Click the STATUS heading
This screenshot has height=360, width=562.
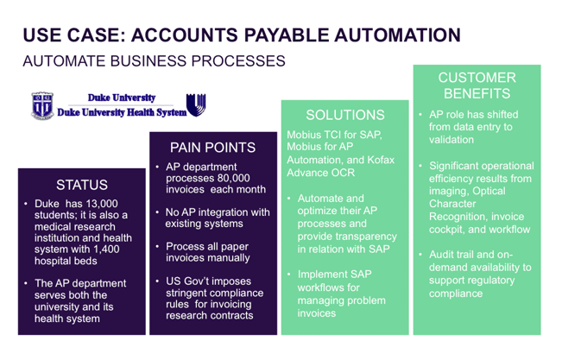click(x=82, y=185)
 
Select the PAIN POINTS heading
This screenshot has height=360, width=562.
click(x=213, y=148)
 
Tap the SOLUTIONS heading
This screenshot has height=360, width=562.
click(x=345, y=115)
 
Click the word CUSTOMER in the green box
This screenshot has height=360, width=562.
click(x=477, y=78)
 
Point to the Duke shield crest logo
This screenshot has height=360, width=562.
click(x=42, y=105)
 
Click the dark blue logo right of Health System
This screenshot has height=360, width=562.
click(x=196, y=104)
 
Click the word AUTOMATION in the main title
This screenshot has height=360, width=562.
click(x=397, y=35)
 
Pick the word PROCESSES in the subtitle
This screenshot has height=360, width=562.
click(x=238, y=61)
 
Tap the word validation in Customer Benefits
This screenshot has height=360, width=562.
click(x=451, y=140)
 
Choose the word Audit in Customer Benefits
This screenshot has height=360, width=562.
click(x=442, y=255)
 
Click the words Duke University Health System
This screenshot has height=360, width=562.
click(x=122, y=112)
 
